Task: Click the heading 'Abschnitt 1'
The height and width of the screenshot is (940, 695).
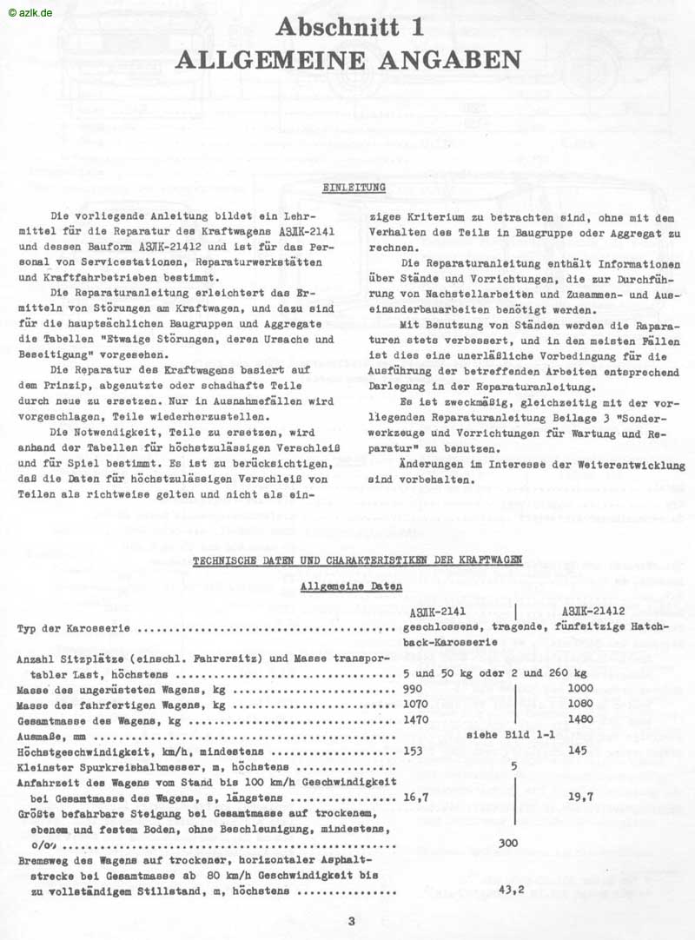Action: [350, 28]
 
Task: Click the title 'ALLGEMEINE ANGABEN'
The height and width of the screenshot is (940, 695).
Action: [349, 59]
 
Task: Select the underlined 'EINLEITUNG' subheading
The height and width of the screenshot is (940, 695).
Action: [354, 187]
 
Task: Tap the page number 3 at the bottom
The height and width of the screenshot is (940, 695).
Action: [351, 921]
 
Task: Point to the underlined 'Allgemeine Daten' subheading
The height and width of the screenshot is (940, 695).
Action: [351, 586]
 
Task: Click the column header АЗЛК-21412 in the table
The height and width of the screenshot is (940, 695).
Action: [599, 610]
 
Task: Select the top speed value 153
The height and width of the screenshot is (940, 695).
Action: [414, 751]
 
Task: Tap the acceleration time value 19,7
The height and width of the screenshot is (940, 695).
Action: [579, 797]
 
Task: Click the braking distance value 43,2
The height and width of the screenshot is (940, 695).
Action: [515, 889]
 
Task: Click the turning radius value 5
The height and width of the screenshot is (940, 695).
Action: [514, 766]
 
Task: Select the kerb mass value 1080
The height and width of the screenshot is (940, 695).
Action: [579, 704]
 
